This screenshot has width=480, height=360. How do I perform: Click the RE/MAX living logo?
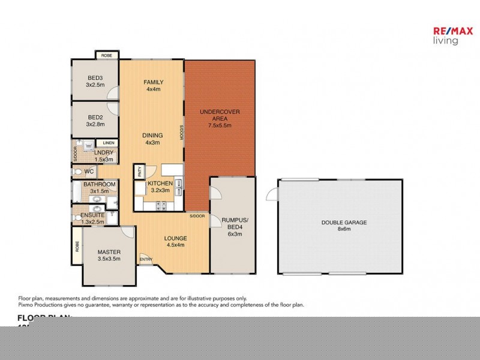(x=446, y=36)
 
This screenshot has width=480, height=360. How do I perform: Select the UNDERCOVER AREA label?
(x=220, y=118)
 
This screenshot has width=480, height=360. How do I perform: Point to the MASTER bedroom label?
(x=109, y=255)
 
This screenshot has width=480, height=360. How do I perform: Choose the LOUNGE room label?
(x=175, y=241)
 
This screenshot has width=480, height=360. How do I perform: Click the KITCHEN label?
(x=160, y=187)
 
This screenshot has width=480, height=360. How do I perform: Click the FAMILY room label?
(x=154, y=86)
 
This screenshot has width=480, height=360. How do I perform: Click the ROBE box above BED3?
(x=106, y=55)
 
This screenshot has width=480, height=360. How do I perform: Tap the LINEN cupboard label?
(x=108, y=142)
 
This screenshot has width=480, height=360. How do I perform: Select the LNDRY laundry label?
(x=104, y=156)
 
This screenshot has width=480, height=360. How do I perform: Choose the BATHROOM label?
(x=99, y=187)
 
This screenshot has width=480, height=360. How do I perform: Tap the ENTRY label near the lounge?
(x=146, y=259)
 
